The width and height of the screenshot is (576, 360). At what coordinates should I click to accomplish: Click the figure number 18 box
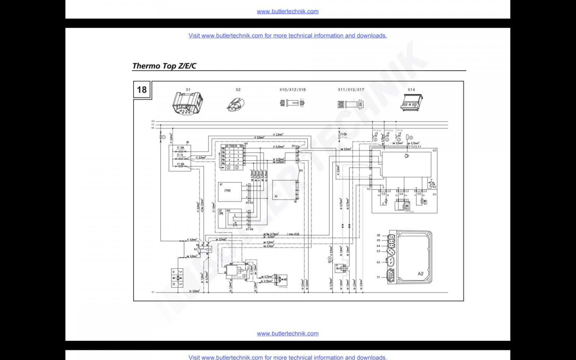142,89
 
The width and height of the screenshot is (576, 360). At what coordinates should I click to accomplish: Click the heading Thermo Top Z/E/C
164,66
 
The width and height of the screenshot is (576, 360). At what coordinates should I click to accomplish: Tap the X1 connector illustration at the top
188,103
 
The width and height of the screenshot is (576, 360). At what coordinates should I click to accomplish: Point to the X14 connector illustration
411,102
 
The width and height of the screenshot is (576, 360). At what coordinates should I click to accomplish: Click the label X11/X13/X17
351,90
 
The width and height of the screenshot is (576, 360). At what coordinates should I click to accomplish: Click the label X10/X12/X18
292,90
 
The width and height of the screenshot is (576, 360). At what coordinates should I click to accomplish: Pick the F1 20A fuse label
181,148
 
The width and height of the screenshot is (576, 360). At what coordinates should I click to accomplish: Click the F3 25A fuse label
181,164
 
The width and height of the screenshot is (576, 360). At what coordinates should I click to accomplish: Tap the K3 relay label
195,249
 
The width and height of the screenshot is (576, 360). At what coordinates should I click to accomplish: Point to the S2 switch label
174,284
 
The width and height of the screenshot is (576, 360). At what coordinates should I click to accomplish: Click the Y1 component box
339,268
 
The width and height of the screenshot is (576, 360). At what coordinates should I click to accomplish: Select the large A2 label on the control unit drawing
420,274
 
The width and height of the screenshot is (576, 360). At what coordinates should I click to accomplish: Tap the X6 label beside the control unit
378,235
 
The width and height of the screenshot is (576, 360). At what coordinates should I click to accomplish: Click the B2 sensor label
435,187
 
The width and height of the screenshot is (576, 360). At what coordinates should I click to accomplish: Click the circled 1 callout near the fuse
164,137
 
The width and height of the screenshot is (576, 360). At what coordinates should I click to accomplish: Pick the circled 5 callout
411,137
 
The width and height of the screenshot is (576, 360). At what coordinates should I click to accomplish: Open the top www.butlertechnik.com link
288,11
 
